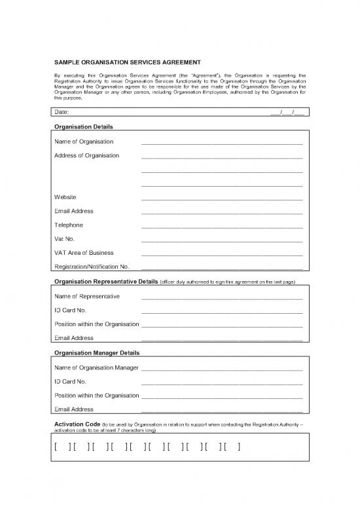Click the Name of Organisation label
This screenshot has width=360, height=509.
pyautogui.click(x=84, y=141)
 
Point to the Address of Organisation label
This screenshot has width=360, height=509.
pyautogui.click(x=87, y=155)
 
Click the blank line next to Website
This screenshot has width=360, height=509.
pyautogui.click(x=222, y=198)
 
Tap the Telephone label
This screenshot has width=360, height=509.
pyautogui.click(x=69, y=225)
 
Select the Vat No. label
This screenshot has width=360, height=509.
pyautogui.click(x=65, y=239)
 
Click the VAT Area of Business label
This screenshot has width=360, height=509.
pyautogui.click(x=84, y=253)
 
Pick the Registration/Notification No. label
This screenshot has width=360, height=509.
pyautogui.click(x=92, y=267)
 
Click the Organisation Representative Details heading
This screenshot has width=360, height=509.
pyautogui.click(x=105, y=282)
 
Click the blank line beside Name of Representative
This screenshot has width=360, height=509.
pyautogui.click(x=222, y=297)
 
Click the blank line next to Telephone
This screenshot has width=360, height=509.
pyautogui.click(x=222, y=226)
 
